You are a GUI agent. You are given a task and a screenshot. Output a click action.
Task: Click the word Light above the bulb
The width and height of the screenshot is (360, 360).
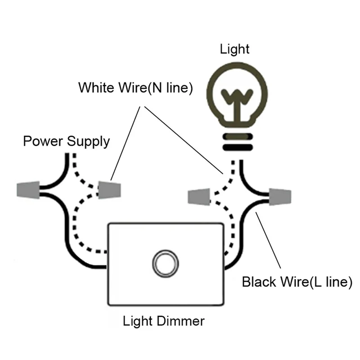(x=234, y=49)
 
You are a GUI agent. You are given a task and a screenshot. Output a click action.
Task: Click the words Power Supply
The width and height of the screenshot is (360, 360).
(x=66, y=141)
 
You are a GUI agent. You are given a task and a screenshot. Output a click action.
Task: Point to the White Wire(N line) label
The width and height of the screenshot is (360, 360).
(x=135, y=87)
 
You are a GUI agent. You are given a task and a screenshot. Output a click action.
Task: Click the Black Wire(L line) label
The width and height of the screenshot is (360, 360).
(x=297, y=283)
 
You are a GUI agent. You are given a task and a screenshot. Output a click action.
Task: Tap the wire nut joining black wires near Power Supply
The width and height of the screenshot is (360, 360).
(x=28, y=191)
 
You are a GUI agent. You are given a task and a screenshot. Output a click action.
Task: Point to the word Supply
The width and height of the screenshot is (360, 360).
(x=89, y=142)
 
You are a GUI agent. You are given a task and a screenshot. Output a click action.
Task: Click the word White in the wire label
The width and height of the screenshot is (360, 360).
(x=96, y=87)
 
